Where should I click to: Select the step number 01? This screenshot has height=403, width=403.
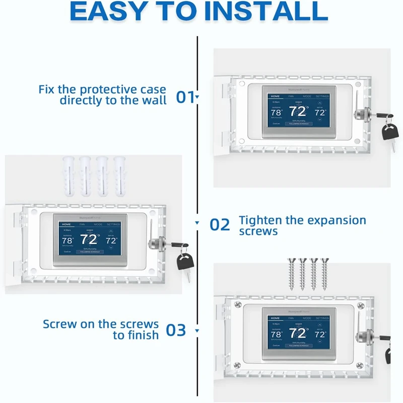click(185, 96)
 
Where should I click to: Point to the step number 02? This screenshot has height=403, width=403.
click(220, 224)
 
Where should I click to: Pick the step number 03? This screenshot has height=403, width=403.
click(176, 330)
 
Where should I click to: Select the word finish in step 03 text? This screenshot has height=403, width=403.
click(145, 335)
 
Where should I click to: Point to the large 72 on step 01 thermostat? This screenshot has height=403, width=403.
click(298, 112)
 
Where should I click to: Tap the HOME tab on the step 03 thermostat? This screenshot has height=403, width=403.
click(275, 318)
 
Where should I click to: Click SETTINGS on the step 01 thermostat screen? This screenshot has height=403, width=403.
click(322, 96)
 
